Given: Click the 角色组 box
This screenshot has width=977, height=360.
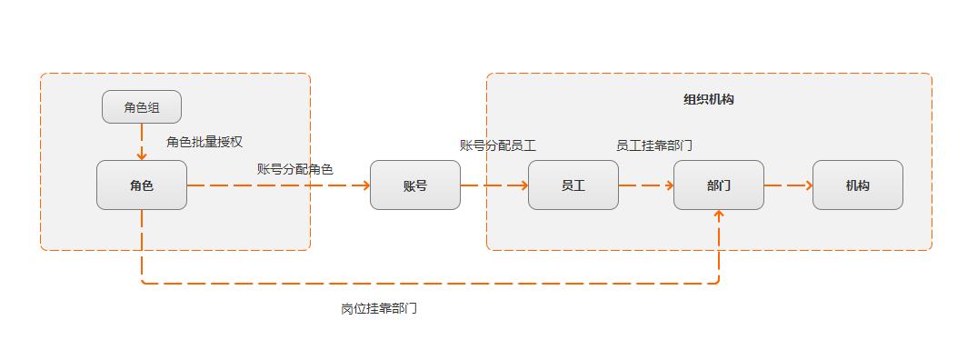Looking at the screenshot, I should coord(141,107).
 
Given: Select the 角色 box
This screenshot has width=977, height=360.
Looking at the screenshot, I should coord(141,185).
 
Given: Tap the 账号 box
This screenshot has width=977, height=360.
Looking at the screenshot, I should coord(414,185).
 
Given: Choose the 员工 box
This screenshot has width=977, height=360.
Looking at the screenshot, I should coord(573,185).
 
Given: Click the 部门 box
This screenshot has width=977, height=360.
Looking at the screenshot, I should coord(718,185).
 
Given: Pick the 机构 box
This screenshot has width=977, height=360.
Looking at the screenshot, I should coord(857,185).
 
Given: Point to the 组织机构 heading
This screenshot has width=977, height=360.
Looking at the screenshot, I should coord(708,100).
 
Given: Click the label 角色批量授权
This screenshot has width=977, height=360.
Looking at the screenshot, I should coord(204,142).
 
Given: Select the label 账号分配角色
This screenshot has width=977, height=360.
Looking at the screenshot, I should coord(294,169).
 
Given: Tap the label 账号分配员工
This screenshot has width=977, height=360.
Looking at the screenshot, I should coord(497,145).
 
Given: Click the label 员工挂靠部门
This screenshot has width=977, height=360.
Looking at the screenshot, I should coord(654,145).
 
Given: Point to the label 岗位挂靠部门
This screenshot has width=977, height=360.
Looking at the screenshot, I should coord(379,309).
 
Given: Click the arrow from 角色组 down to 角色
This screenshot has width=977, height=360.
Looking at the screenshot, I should coord(142,142).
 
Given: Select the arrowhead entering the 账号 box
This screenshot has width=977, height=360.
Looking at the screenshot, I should coord(365,185).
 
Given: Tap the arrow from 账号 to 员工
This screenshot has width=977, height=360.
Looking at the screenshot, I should coord(494,185).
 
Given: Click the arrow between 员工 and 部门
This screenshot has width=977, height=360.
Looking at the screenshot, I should coord(646,185).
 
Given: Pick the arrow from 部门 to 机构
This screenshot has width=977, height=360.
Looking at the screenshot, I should coord(788,185).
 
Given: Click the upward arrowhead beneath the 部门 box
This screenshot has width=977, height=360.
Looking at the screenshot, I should coord(719,215).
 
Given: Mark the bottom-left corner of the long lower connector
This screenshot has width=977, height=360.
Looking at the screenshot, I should coord(143,283).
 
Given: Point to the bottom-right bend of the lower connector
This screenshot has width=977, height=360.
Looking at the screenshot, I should coord(718,282).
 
